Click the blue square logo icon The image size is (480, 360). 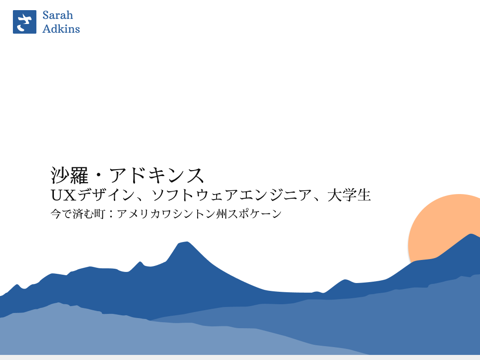[x=24, y=22]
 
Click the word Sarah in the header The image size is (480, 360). [x=58, y=15]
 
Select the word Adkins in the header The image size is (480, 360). [x=61, y=29]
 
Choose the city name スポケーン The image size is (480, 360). [x=253, y=214]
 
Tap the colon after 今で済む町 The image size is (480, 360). [x=111, y=215]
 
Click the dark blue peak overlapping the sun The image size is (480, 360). [x=470, y=237]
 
